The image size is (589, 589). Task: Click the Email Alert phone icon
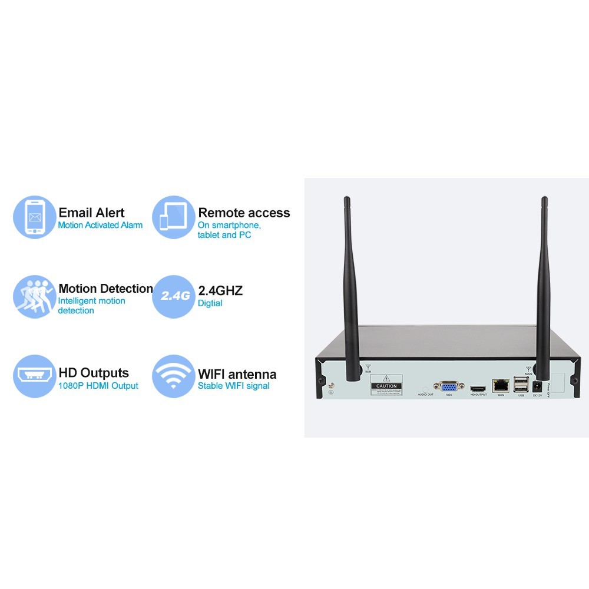coord(35,217)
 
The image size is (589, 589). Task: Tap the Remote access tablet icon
coord(174,217)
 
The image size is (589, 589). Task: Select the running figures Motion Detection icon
coord(35,297)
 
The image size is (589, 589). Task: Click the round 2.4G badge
coord(174,296)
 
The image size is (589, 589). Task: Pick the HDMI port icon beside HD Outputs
coord(35,376)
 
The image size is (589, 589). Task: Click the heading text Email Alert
coord(91,213)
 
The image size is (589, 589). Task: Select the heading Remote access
coord(244,213)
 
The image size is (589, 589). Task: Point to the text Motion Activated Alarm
coord(100,225)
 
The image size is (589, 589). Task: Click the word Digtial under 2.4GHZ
coord(210,303)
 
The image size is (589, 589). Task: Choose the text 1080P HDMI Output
coord(98,386)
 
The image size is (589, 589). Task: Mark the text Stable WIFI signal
coord(233,386)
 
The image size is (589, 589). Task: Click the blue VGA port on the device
coord(449,386)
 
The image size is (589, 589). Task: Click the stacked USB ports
coord(521,385)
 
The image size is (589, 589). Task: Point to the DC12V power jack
coord(537,386)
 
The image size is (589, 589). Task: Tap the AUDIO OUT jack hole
coord(425,389)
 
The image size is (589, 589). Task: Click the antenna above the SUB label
coord(352,283)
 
